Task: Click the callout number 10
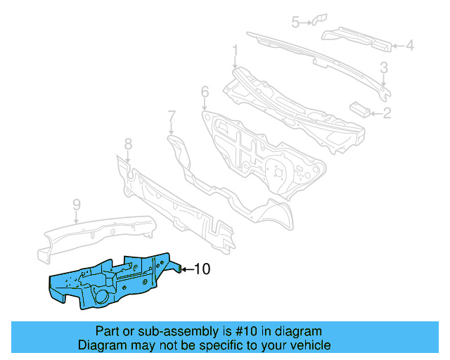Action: click(202, 269)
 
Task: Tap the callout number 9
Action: click(77, 205)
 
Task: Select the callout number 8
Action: click(128, 144)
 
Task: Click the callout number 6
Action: click(205, 91)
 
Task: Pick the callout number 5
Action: click(296, 22)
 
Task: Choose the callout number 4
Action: click(410, 46)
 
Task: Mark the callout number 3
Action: click(384, 67)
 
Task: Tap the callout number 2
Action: click(386, 112)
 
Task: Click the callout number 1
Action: click(236, 50)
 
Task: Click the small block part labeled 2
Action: click(359, 108)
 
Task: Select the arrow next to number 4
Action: click(397, 46)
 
